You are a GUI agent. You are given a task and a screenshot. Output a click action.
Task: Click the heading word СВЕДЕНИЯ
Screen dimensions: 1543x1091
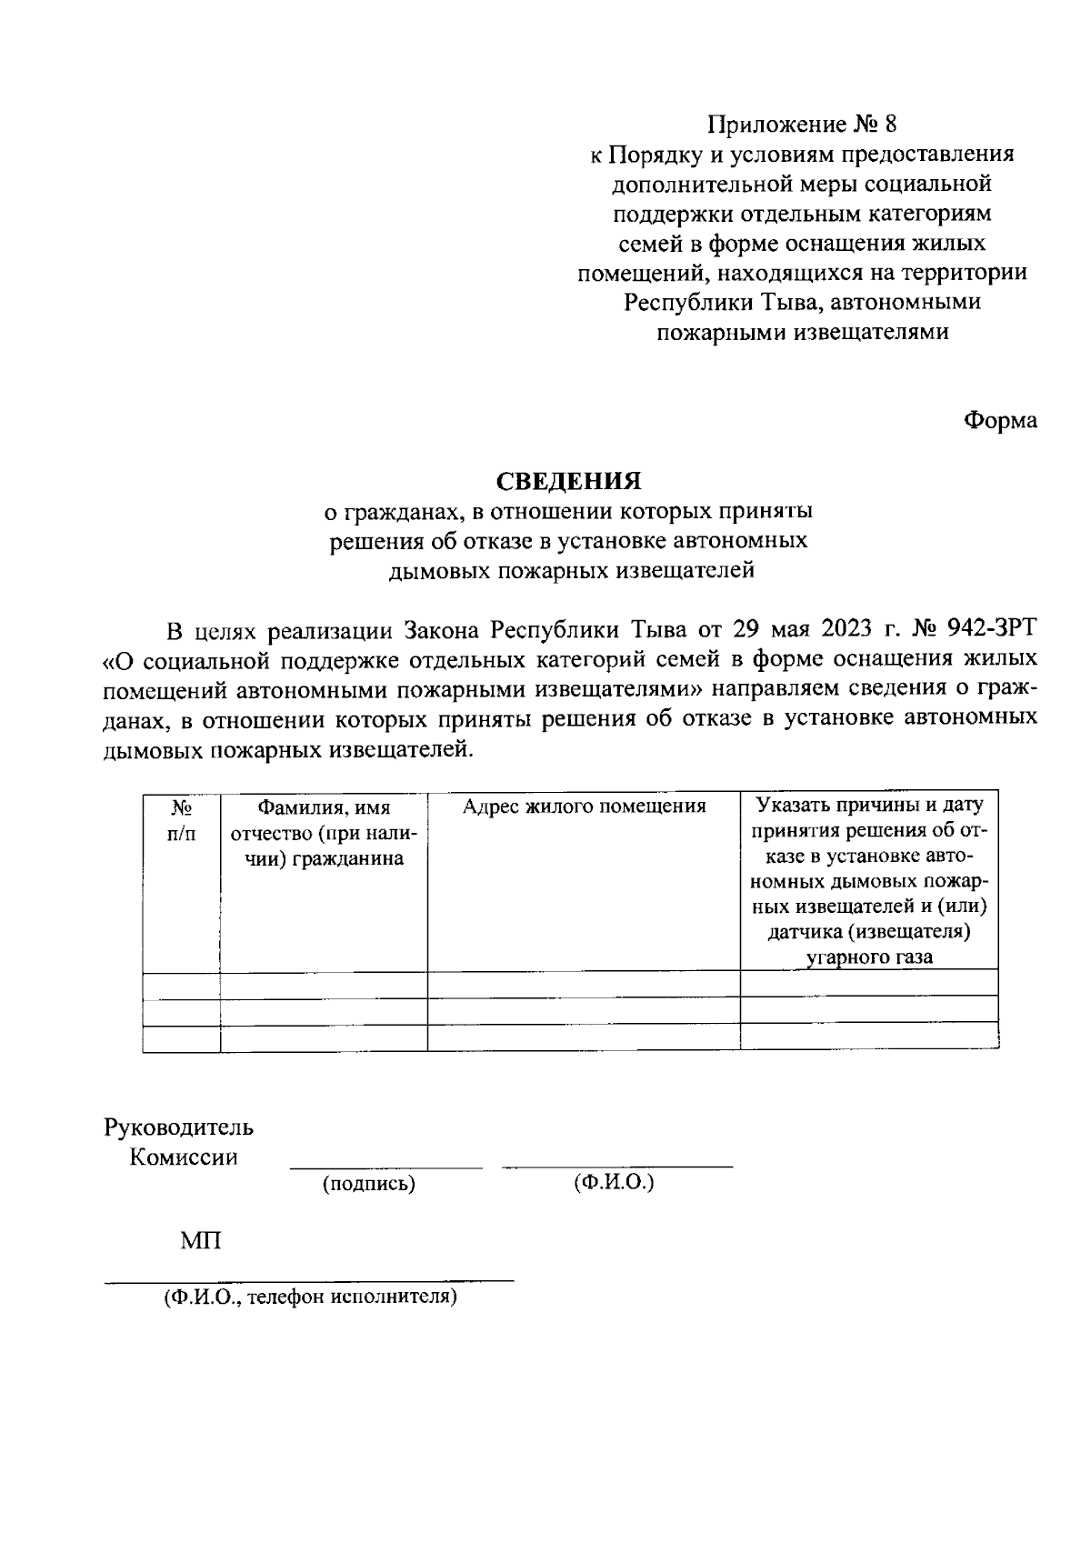point(568,480)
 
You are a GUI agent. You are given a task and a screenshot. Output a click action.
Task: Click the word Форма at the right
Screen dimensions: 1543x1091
point(1000,421)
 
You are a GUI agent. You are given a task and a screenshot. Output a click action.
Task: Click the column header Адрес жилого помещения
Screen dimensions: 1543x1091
point(584,807)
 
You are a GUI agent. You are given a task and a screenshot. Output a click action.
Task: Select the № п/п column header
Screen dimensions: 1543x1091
point(181,819)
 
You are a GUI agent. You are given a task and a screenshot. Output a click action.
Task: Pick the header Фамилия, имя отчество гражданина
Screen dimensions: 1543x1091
point(324,832)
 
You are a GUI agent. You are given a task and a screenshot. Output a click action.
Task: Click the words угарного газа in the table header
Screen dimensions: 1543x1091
point(869,957)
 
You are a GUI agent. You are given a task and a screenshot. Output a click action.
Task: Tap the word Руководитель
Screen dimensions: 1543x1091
point(179,1127)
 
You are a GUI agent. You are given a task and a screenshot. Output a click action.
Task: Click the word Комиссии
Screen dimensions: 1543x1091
point(184,1157)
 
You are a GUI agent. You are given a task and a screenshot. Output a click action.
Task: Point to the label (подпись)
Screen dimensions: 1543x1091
point(368,1184)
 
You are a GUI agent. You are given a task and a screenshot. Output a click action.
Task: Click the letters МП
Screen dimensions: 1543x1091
point(200,1240)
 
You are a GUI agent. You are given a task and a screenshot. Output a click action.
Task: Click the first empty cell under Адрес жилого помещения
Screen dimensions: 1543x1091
point(584,983)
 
